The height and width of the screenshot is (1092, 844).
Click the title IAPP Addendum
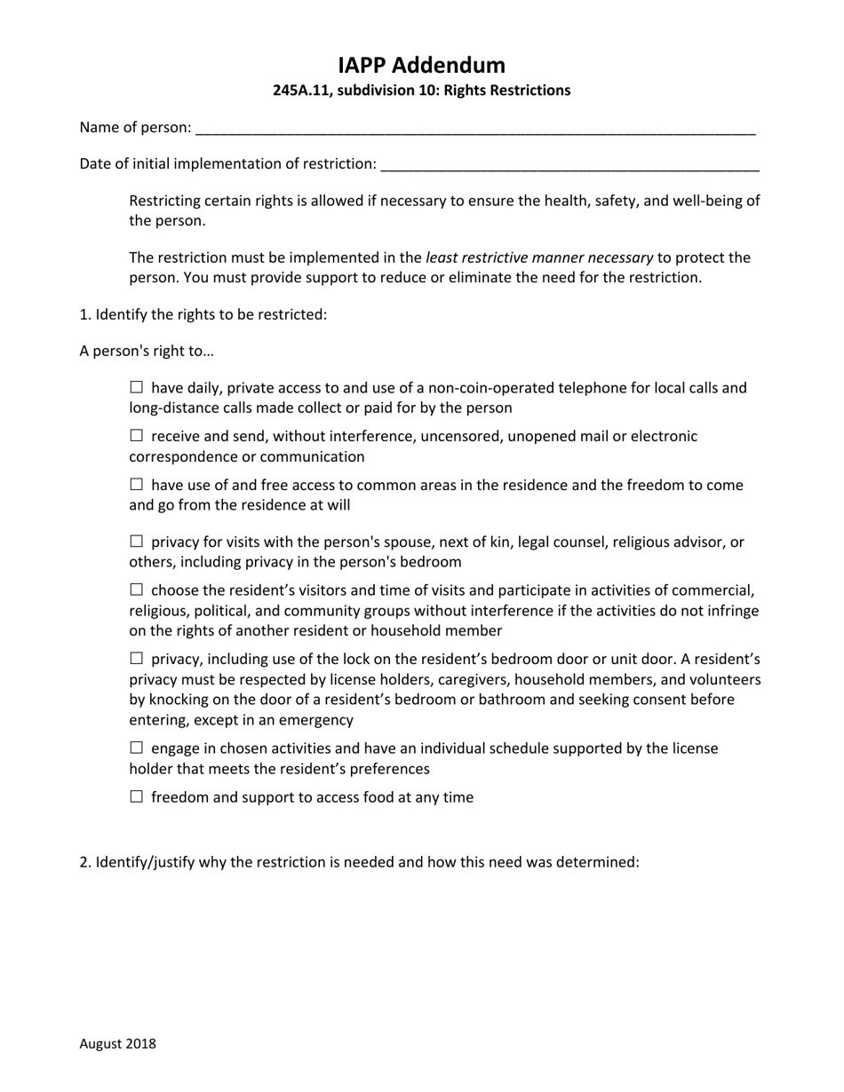click(x=421, y=65)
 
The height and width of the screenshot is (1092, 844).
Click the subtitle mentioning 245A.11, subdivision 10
click(x=421, y=91)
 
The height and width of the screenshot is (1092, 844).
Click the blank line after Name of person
click(x=475, y=129)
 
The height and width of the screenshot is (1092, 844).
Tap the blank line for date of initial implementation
click(x=569, y=165)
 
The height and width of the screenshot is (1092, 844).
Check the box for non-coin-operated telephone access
click(x=136, y=387)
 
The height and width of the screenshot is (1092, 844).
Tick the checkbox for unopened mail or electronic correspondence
click(x=136, y=436)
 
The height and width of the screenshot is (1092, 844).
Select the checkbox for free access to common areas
click(x=136, y=485)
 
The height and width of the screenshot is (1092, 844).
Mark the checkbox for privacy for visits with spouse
click(x=136, y=542)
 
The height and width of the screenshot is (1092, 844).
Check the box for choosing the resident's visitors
click(x=136, y=590)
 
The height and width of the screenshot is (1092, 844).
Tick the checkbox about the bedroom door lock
click(x=136, y=659)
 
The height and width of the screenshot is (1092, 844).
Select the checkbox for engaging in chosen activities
click(x=136, y=748)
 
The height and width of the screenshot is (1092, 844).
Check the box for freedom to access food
click(x=136, y=797)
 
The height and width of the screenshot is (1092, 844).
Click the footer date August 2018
click(x=117, y=1044)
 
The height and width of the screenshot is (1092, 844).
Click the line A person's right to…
click(x=147, y=351)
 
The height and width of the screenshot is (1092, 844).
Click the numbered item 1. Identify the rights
click(x=203, y=314)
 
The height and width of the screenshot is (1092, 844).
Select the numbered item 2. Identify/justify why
click(x=359, y=862)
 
